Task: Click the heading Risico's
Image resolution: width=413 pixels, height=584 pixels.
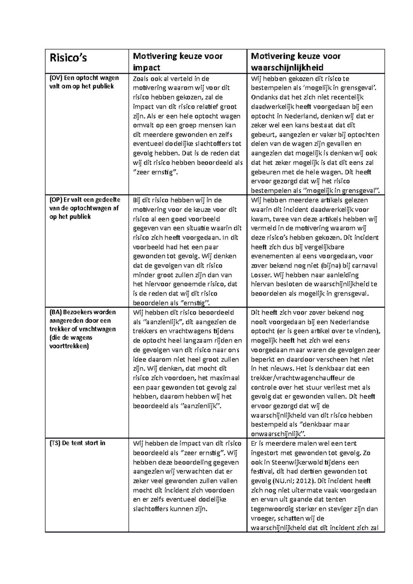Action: tap(68, 58)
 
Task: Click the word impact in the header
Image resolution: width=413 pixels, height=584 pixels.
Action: tap(147, 67)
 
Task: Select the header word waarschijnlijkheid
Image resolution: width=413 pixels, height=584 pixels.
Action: tap(287, 67)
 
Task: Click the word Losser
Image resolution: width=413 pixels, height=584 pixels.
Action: tap(261, 275)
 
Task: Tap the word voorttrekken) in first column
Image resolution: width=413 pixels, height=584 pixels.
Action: tap(69, 346)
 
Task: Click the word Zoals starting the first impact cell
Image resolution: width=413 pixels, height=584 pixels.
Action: tap(140, 78)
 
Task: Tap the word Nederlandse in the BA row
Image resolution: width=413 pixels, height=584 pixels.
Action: tap(349, 322)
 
